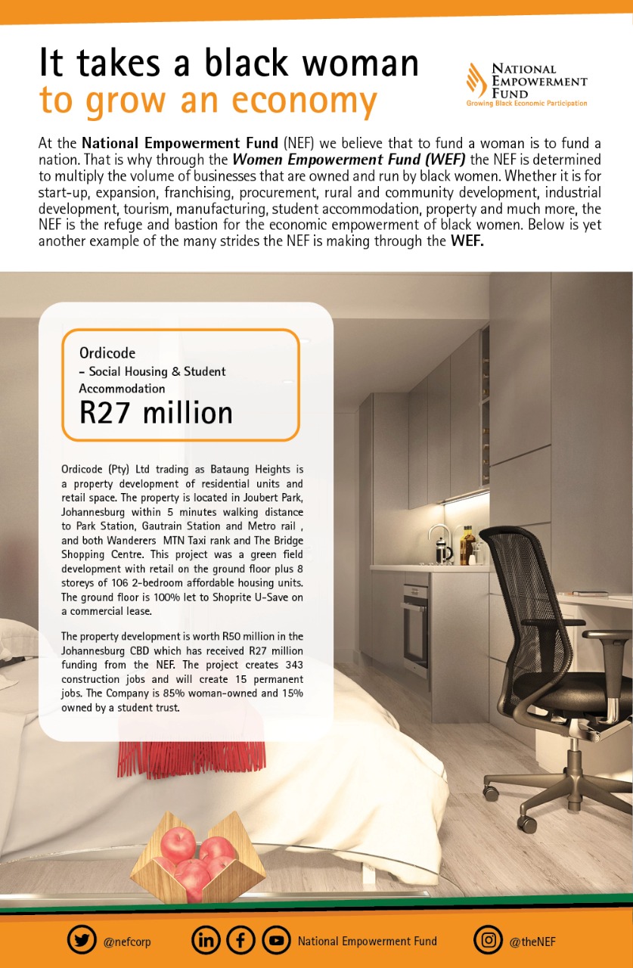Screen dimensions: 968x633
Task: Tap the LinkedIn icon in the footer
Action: pos(206,941)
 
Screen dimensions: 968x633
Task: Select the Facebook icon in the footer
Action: pos(240,941)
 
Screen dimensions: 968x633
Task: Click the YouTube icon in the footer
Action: pos(276,941)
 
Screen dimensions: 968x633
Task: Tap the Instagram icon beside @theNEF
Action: pos(489,941)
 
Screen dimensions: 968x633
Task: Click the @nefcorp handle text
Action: pos(126,942)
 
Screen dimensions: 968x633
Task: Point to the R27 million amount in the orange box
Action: pos(156,413)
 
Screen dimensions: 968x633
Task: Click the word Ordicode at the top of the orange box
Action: pos(108,352)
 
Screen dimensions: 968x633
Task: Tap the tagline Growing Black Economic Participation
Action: pos(526,103)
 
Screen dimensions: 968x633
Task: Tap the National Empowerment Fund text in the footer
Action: pos(367,942)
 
